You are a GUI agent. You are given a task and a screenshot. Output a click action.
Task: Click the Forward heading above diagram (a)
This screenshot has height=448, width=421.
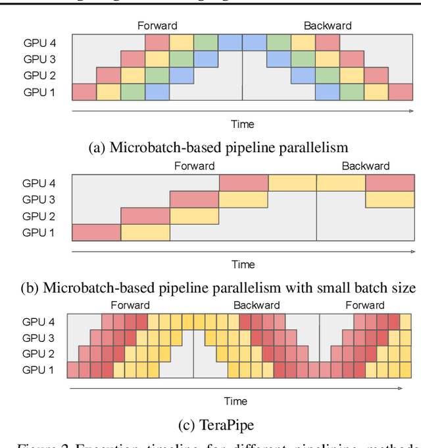[157, 26]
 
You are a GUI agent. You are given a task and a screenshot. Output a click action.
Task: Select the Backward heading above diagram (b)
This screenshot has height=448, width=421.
[365, 166]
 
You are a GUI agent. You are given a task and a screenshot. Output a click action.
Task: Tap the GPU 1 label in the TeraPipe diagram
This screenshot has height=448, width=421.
[39, 370]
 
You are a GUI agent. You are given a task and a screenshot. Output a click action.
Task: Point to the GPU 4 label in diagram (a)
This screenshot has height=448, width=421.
[39, 43]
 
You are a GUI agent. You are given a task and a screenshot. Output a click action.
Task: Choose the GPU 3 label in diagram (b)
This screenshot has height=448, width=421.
[39, 200]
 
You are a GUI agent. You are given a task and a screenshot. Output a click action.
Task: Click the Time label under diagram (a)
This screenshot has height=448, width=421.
[242, 124]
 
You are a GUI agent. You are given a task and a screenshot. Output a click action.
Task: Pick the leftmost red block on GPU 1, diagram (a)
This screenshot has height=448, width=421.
[84, 92]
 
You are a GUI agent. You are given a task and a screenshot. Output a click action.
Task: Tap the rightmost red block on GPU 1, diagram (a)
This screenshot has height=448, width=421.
[401, 92]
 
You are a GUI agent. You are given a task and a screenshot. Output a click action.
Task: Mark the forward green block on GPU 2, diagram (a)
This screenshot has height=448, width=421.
[157, 75]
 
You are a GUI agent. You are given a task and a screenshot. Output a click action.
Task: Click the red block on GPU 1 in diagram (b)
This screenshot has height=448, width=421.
[96, 232]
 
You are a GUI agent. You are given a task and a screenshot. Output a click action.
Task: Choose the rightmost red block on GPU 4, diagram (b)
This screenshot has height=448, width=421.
[389, 182]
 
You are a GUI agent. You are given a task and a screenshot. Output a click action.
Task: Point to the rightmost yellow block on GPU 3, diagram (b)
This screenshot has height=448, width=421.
[389, 199]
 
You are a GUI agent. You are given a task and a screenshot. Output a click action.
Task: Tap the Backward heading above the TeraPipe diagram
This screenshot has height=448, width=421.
[257, 305]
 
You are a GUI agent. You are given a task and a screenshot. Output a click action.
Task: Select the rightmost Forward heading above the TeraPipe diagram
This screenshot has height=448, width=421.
[364, 305]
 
